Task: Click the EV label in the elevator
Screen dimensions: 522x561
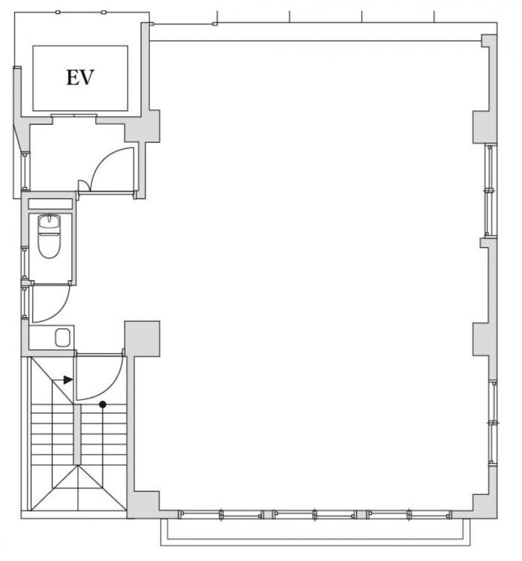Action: pos(80,77)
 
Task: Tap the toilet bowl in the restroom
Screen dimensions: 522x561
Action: pos(49,236)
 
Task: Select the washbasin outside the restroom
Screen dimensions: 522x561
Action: pos(62,338)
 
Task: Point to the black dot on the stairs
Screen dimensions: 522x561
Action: pos(103,404)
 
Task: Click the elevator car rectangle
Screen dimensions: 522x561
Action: pos(80,78)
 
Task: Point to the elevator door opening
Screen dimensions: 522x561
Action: pos(74,116)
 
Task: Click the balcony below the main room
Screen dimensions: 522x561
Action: pos(315,532)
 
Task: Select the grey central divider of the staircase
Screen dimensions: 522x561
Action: pos(77,435)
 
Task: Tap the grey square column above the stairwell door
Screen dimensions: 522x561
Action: pos(142,338)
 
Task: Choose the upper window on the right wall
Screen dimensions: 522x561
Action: pos(490,190)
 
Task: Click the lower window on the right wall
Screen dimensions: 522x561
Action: pos(493,422)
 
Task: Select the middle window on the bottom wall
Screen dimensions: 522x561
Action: pos(315,514)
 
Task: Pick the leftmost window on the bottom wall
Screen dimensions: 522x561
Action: pos(220,514)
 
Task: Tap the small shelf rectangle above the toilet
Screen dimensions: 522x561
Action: pos(50,204)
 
